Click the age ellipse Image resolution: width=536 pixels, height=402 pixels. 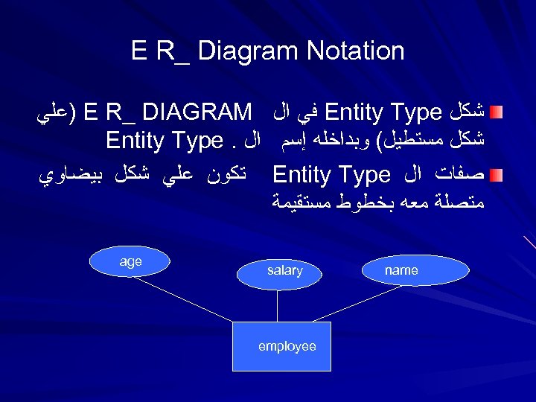click(x=132, y=262)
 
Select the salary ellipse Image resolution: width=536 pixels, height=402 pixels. click(x=284, y=272)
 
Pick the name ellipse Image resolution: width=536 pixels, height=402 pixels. click(x=401, y=271)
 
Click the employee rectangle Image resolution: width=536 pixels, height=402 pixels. click(x=282, y=347)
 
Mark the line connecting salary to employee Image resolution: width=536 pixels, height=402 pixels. click(x=284, y=306)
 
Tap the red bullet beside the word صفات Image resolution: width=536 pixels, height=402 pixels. click(x=495, y=175)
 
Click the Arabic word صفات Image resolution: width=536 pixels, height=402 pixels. click(x=461, y=176)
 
